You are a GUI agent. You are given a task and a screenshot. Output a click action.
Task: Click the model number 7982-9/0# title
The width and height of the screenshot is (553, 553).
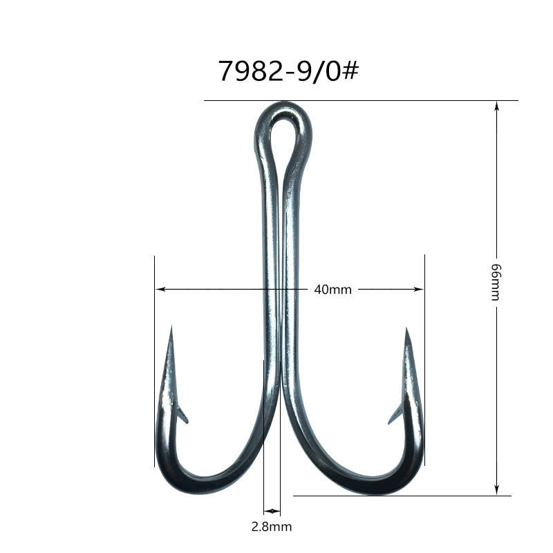click(x=288, y=71)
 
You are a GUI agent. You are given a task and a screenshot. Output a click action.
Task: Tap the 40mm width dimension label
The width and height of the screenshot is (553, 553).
click(x=332, y=290)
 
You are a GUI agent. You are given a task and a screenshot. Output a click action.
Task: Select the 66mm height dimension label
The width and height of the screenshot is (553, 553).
click(x=496, y=282)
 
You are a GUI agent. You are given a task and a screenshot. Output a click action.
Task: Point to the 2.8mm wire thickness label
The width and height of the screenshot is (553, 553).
click(x=272, y=527)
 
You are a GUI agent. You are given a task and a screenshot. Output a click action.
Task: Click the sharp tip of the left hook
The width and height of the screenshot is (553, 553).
click(x=171, y=326)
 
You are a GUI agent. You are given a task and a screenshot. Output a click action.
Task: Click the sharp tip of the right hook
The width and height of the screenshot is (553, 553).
click(x=406, y=328)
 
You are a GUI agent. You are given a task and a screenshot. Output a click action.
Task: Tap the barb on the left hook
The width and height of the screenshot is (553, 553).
click(x=182, y=415)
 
